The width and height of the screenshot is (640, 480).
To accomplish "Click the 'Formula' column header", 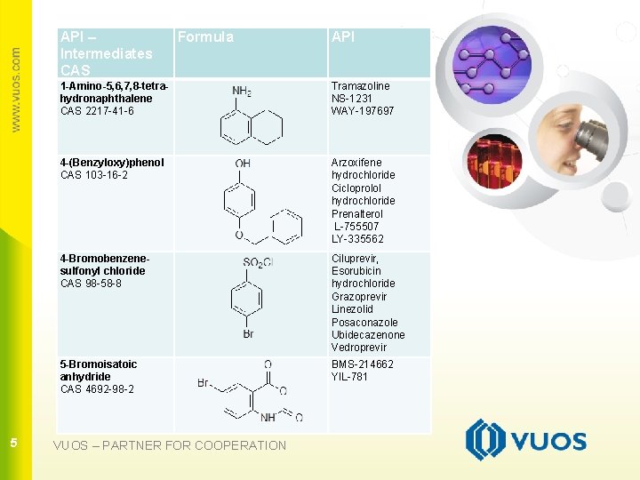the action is [205, 37].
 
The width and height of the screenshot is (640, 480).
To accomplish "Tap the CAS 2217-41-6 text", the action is [97, 111].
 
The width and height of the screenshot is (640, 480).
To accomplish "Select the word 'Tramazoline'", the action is [360, 86].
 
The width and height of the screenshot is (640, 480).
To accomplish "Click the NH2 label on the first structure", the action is [242, 91].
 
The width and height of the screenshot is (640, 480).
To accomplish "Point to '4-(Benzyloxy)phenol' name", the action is [112, 163].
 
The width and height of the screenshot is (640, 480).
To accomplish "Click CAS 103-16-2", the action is [94, 175].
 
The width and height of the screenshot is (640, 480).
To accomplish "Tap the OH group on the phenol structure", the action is [243, 163].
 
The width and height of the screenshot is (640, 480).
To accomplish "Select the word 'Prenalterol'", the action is [357, 214].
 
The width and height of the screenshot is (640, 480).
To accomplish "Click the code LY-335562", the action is [357, 239].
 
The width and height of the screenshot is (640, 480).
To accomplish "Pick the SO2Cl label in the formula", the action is [258, 263].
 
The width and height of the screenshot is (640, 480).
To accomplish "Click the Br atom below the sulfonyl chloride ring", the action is [248, 334].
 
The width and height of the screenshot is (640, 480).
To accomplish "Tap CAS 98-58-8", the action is [91, 284].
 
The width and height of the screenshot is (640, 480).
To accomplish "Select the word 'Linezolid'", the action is [354, 309].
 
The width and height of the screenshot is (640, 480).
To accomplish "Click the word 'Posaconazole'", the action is [364, 323].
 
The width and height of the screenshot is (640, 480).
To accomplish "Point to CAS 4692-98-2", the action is [97, 389].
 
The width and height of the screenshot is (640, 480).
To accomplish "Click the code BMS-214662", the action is [362, 364].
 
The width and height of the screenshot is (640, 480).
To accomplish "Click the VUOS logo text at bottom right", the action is [550, 442].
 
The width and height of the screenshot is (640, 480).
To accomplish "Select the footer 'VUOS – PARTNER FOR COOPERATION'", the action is [170, 445].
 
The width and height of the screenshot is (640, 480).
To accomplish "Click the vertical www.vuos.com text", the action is [14, 89].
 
